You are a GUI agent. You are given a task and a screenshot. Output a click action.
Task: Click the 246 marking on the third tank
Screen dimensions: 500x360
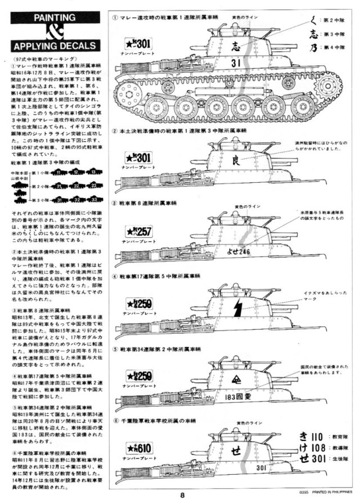click(x=243, y=251)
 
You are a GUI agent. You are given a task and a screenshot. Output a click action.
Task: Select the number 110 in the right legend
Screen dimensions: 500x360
click(x=318, y=436)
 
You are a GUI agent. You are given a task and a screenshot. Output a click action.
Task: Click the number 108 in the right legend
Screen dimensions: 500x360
click(x=318, y=449)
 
